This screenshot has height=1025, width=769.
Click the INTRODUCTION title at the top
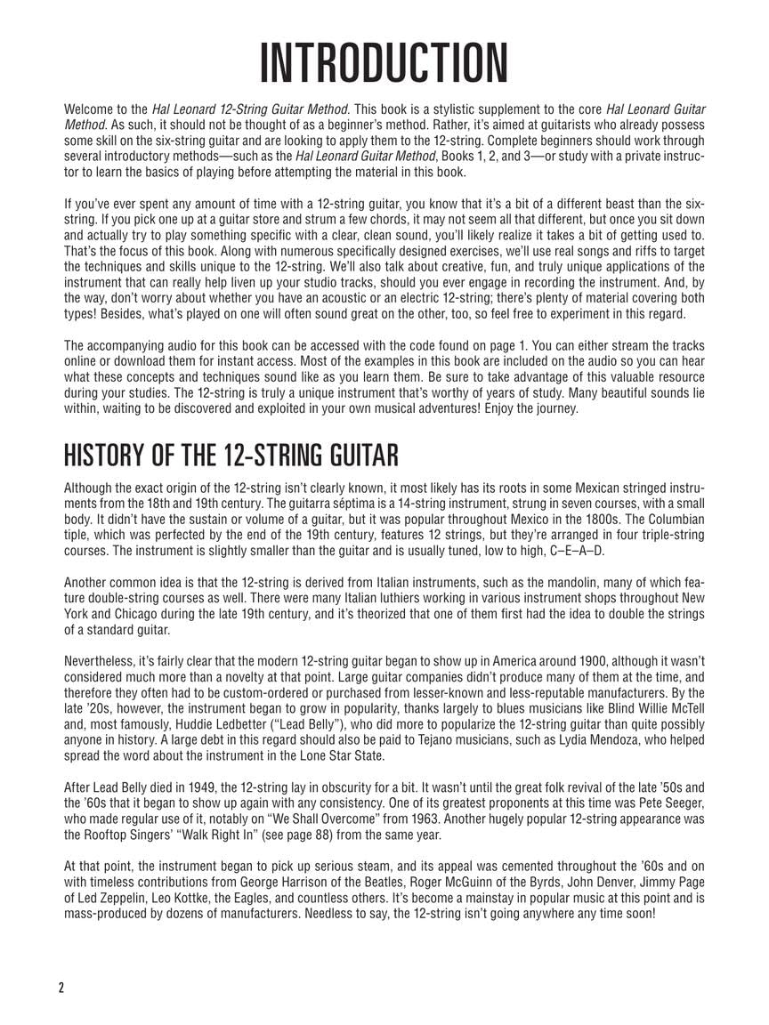[x=384, y=62]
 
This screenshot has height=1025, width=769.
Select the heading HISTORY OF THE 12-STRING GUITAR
[x=231, y=456]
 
